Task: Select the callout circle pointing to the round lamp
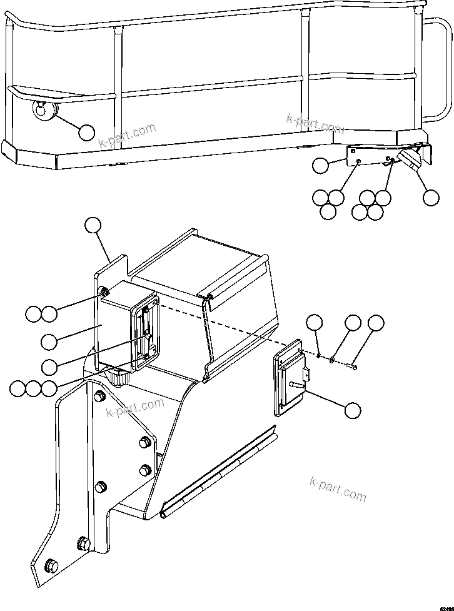[86, 131]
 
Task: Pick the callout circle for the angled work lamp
[430, 197]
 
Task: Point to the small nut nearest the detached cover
[318, 355]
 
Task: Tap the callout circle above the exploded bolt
[375, 323]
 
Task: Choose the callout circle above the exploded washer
[353, 323]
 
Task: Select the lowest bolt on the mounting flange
[52, 566]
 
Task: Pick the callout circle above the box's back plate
[93, 225]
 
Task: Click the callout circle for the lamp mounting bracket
[320, 165]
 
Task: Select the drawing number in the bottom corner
[446, 607]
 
